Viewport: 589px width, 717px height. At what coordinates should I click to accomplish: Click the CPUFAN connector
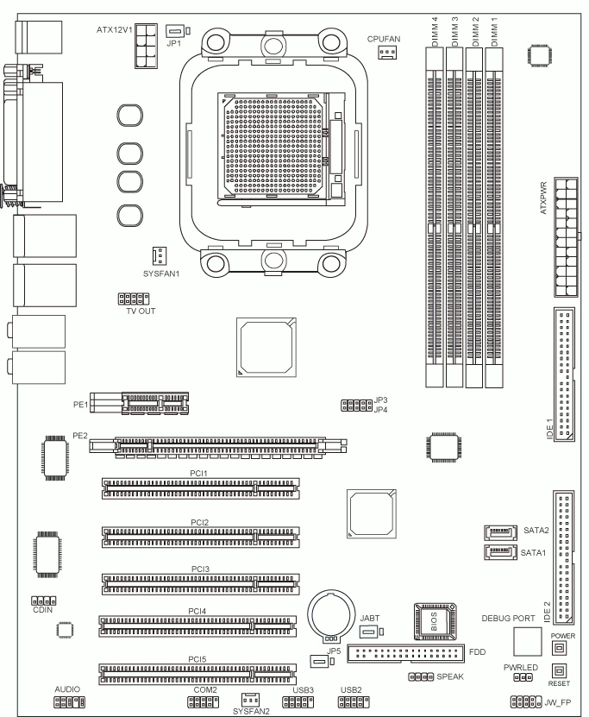pos(387,52)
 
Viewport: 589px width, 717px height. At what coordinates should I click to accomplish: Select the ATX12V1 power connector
pos(147,47)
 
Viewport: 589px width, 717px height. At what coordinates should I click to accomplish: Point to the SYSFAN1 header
pos(159,256)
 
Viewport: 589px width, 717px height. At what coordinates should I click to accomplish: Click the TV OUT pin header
pos(134,299)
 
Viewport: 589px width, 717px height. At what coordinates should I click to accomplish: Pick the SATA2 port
pos(500,532)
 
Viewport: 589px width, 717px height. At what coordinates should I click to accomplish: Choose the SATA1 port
pos(500,552)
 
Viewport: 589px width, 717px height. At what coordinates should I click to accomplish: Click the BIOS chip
pos(435,621)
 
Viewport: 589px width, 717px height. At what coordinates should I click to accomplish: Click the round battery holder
pos(331,615)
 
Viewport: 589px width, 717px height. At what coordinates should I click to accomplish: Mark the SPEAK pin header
pos(421,676)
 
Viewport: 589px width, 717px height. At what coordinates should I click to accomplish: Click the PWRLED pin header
pos(523,677)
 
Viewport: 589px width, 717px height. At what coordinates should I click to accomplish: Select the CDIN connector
pos(43,601)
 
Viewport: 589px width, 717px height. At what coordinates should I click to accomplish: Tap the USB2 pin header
pos(354,702)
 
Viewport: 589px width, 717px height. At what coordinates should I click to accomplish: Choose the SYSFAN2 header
pos(250,700)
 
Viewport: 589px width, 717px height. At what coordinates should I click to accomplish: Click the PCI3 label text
pos(200,569)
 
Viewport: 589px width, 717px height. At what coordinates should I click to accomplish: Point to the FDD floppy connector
pos(406,653)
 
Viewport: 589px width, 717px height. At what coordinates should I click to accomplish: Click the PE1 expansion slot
pos(139,403)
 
